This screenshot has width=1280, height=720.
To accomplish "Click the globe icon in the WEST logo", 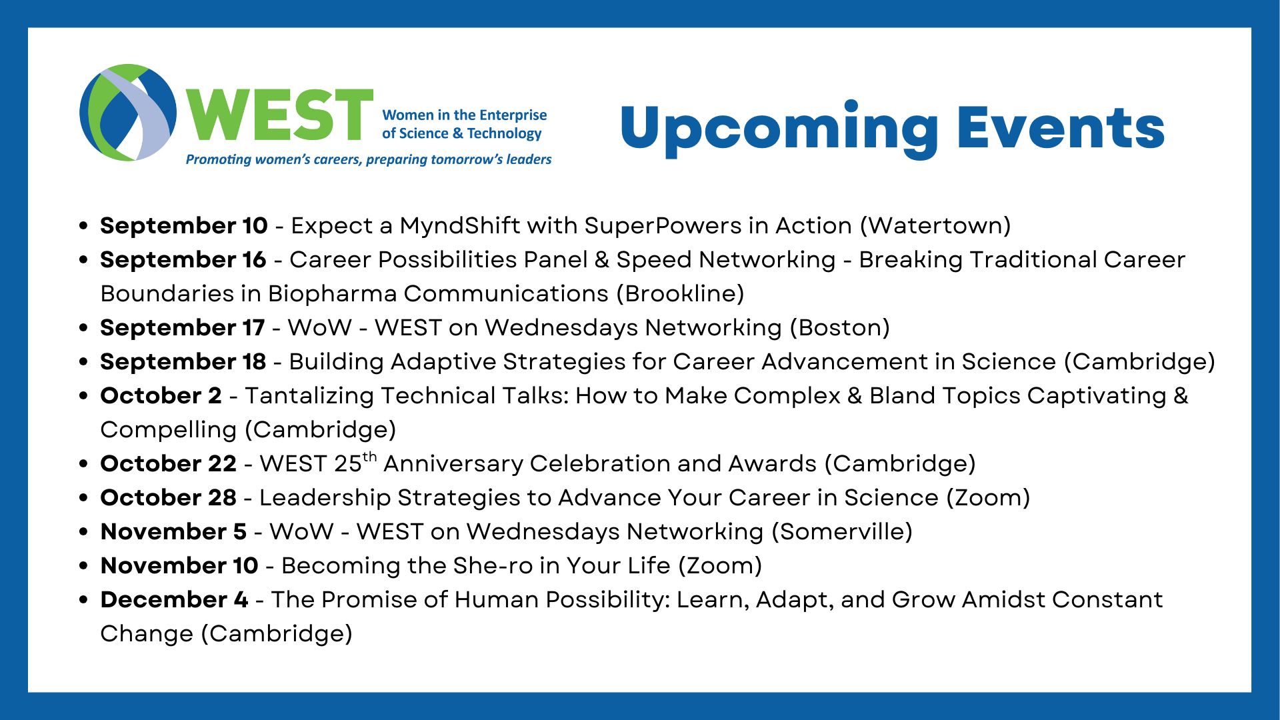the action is pyautogui.click(x=128, y=113).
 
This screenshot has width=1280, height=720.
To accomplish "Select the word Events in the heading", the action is pyautogui.click(x=1061, y=127).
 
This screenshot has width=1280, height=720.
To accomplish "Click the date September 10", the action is pyautogui.click(x=184, y=226).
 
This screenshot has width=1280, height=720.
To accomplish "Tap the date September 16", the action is pyautogui.click(x=183, y=260).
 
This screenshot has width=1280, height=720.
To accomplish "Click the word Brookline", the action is pyautogui.click(x=680, y=294).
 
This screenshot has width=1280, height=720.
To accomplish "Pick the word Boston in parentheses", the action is pyautogui.click(x=840, y=328).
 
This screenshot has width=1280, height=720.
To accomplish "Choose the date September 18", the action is pyautogui.click(x=183, y=362).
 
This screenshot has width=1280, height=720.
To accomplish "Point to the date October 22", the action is pyautogui.click(x=168, y=464).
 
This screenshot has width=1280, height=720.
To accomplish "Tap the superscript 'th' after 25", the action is pyautogui.click(x=369, y=457).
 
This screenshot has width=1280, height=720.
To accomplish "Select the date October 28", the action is pyautogui.click(x=168, y=498).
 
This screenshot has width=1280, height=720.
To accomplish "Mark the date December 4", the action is pyautogui.click(x=174, y=600).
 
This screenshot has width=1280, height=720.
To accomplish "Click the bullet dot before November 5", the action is pyautogui.click(x=83, y=532).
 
